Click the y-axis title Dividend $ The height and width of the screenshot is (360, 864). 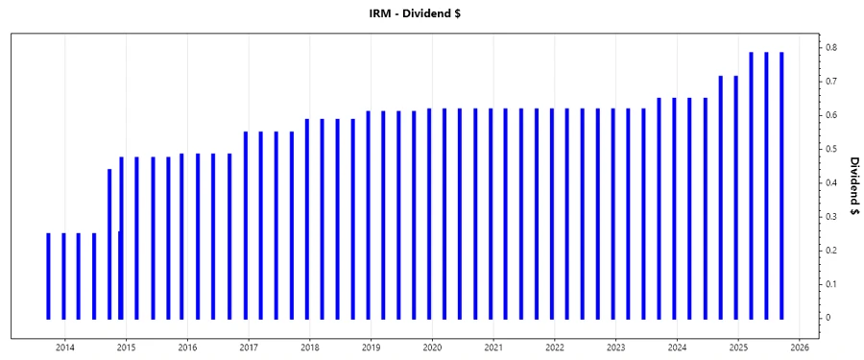click(x=853, y=187)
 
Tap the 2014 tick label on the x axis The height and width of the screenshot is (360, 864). click(x=65, y=348)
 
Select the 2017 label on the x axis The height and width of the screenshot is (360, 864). click(x=249, y=348)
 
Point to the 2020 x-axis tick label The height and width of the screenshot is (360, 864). click(x=432, y=348)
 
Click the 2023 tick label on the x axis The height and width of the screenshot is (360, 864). click(x=616, y=348)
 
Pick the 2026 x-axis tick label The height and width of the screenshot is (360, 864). click(x=800, y=348)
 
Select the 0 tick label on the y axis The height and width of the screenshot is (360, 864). click(x=831, y=318)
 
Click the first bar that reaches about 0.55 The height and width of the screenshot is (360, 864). click(x=245, y=225)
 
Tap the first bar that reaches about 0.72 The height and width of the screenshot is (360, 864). click(x=720, y=197)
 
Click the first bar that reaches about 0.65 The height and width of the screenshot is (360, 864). click(x=659, y=207)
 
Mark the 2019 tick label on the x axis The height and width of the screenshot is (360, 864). click(x=372, y=348)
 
